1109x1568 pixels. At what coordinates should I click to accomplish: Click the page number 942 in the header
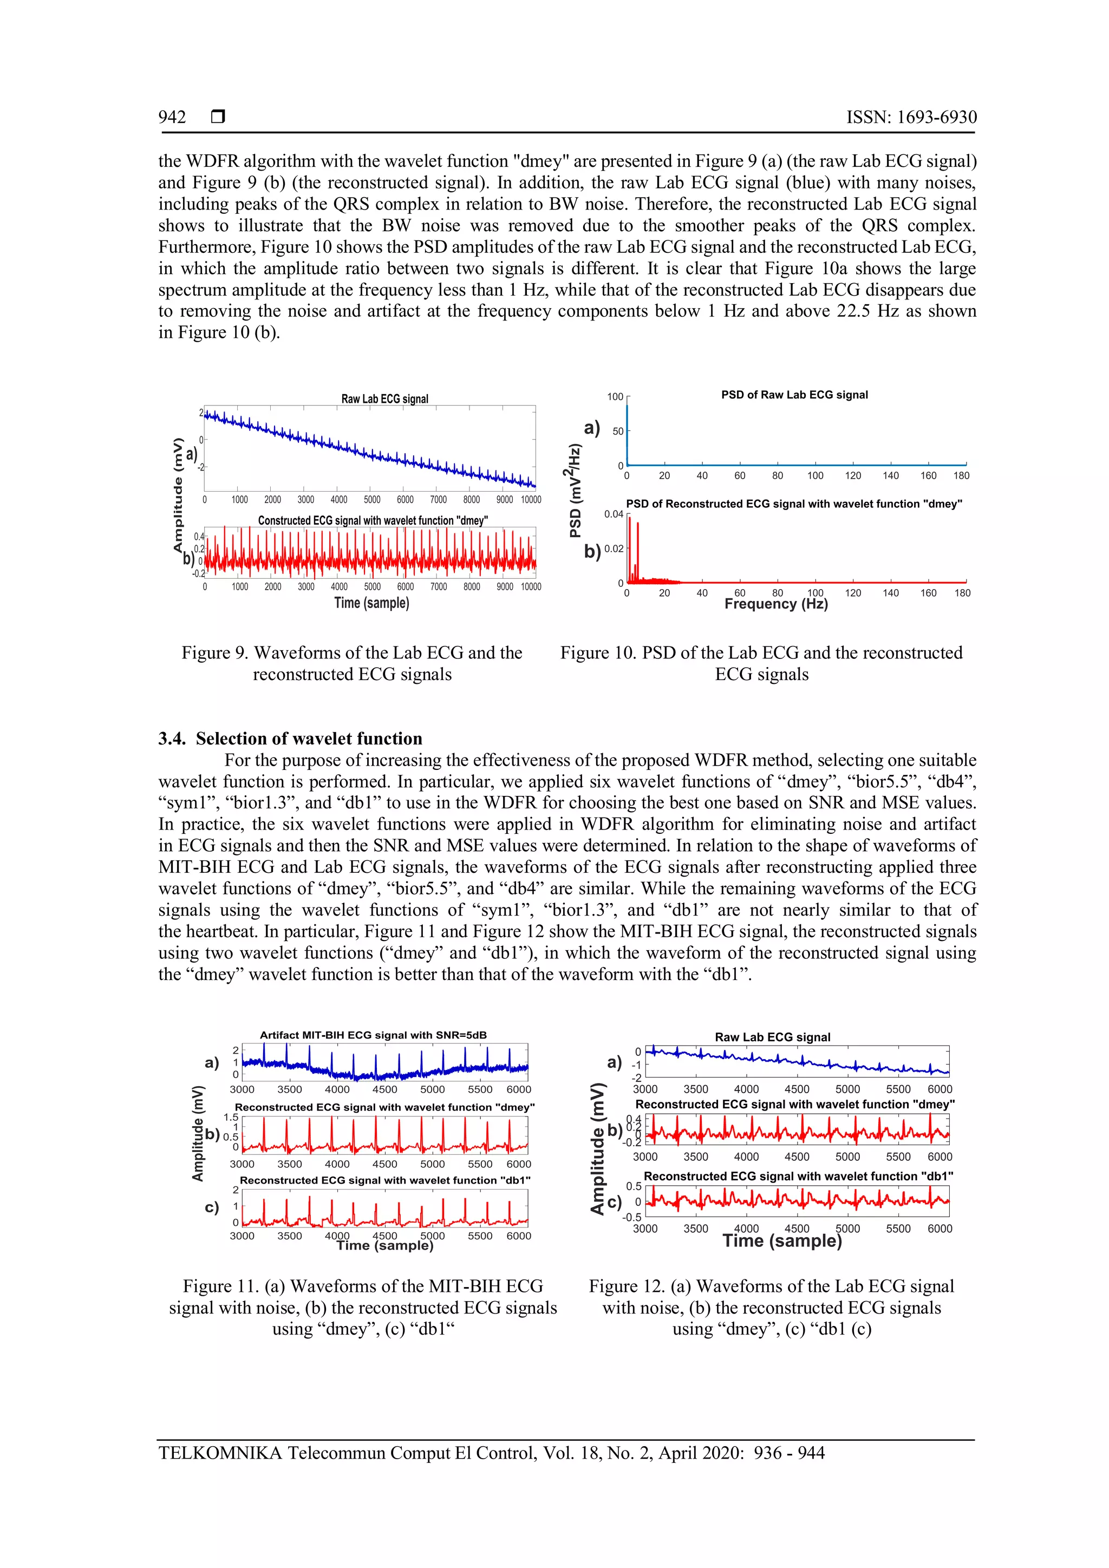point(172,117)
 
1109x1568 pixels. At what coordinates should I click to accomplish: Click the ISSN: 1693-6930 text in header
point(911,117)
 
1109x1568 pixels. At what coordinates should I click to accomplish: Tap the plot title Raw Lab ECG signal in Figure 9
point(384,399)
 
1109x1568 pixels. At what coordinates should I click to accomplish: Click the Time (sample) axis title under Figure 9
point(371,603)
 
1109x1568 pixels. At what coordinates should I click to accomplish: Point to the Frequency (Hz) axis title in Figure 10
point(776,604)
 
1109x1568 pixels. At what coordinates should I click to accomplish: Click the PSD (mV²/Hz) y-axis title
point(576,491)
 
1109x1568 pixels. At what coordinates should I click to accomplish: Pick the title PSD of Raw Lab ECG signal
point(794,395)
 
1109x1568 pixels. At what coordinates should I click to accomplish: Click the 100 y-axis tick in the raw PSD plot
point(615,397)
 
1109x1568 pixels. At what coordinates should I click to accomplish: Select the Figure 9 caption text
point(351,663)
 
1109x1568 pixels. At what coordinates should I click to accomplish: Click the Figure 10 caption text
point(761,663)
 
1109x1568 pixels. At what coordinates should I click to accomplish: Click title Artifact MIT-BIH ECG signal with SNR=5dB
point(373,1035)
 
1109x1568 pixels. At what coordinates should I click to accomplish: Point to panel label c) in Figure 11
point(212,1207)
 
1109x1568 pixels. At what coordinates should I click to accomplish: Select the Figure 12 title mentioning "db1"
point(798,1176)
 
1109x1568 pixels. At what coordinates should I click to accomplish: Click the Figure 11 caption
point(363,1307)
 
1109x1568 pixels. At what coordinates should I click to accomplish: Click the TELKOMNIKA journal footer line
point(491,1453)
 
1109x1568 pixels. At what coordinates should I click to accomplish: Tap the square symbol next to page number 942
point(218,117)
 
